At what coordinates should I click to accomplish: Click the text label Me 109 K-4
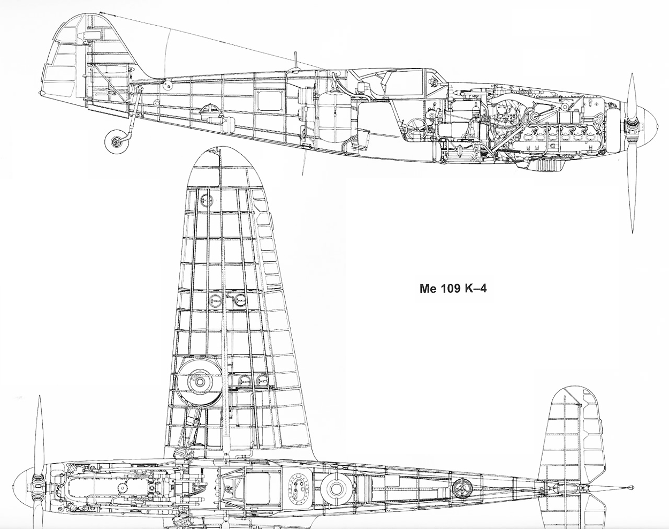(x=453, y=289)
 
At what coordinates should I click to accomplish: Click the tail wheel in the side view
(x=117, y=141)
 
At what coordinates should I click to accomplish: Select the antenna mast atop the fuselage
(x=296, y=62)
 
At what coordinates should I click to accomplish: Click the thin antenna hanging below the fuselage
(x=305, y=161)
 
